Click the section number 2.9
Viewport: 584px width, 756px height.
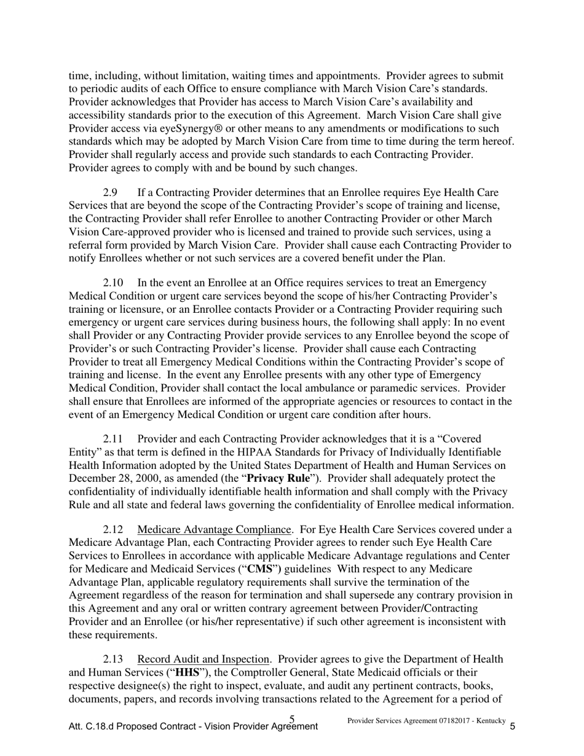(111, 193)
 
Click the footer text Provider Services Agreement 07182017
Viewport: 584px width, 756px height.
(403, 720)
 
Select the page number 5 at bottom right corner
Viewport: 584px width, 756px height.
(513, 726)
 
